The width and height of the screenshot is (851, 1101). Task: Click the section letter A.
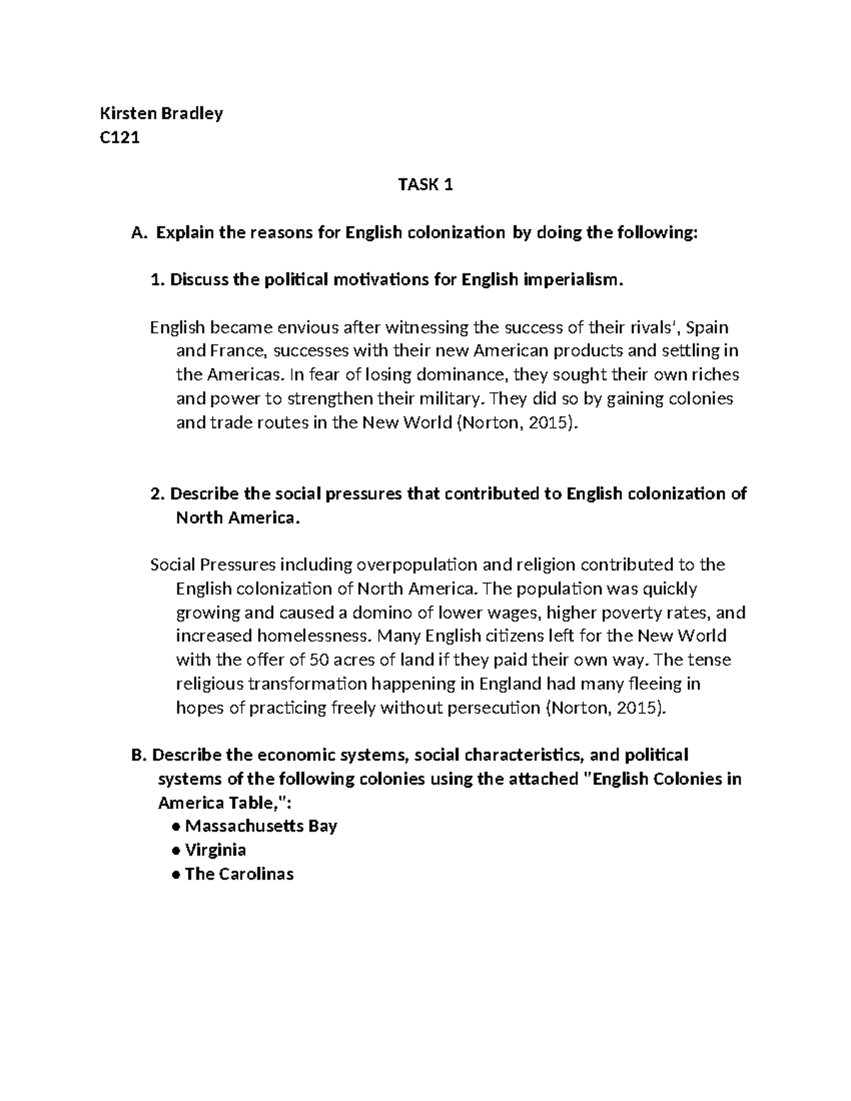click(x=138, y=233)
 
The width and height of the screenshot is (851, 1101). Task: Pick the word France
click(x=235, y=352)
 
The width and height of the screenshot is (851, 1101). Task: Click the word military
click(x=449, y=399)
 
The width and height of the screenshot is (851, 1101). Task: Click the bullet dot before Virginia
click(x=175, y=851)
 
